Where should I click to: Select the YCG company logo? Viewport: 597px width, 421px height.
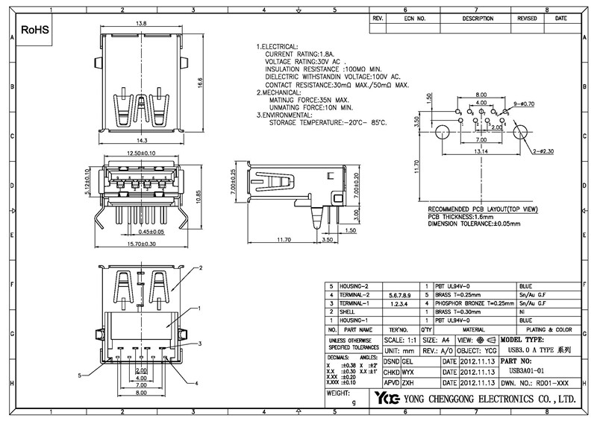[x=388, y=398]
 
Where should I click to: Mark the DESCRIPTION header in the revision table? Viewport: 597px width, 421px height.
[x=478, y=17]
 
